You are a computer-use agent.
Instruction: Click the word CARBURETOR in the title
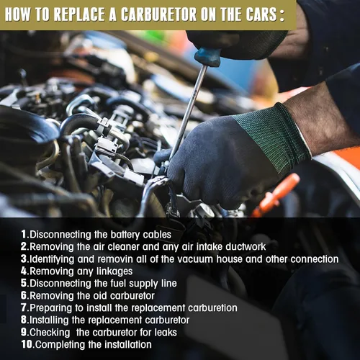pyautogui.click(x=158, y=14)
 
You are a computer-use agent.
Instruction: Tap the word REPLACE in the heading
pyautogui.click(x=79, y=14)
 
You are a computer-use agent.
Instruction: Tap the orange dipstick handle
pyautogui.click(x=276, y=195)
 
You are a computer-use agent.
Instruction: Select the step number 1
pyautogui.click(x=24, y=234)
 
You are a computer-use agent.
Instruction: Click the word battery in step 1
pyautogui.click(x=125, y=235)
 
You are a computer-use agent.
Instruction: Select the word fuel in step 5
pyautogui.click(x=118, y=284)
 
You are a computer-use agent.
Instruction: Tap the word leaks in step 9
pyautogui.click(x=166, y=333)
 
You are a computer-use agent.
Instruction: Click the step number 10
pyautogui.click(x=27, y=344)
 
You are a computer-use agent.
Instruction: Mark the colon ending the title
pyautogui.click(x=282, y=15)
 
